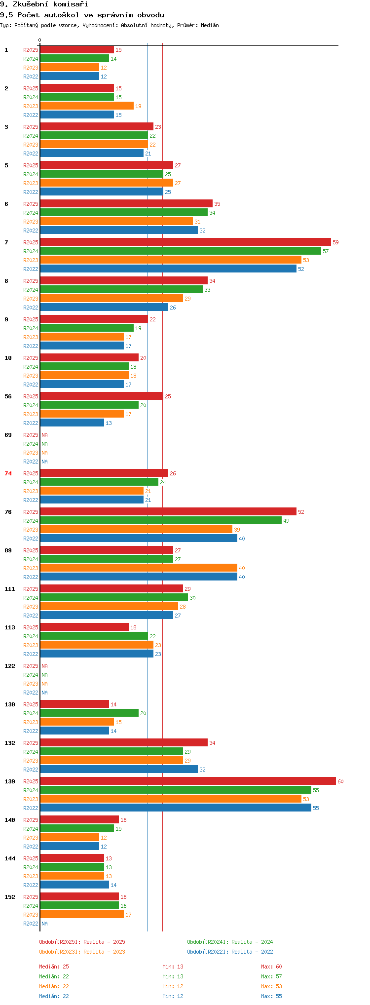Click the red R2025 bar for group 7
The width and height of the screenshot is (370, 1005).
185,242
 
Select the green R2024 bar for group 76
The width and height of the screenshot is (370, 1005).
161,520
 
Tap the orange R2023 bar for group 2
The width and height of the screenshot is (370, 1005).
87,106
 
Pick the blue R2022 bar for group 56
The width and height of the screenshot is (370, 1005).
72,423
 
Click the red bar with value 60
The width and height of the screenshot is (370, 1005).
188,781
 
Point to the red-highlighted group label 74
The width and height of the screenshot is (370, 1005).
8,473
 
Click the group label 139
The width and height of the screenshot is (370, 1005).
10,781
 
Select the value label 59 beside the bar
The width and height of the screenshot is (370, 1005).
335,242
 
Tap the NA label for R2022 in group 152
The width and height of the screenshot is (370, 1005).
44,924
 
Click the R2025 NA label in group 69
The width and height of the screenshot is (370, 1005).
44,435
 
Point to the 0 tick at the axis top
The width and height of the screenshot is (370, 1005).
40,40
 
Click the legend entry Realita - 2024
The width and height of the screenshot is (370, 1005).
230,942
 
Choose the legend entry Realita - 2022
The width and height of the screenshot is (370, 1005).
230,952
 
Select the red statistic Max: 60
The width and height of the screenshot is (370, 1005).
271,966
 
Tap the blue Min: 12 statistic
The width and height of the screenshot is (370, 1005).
173,996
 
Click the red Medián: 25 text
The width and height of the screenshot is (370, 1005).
54,966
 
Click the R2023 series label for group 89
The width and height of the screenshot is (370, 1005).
31,568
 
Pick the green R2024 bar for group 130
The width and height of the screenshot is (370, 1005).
89,713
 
